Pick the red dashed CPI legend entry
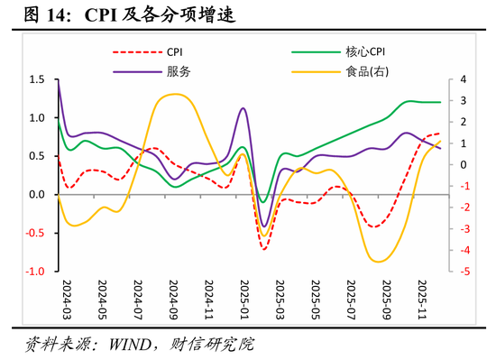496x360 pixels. (178, 53)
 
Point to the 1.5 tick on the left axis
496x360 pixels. (36, 80)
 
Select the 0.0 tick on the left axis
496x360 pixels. (36, 195)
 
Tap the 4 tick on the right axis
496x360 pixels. (461, 80)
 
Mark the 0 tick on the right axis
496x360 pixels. (461, 165)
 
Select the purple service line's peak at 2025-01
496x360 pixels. (243, 108)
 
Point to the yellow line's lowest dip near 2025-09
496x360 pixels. (379, 262)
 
